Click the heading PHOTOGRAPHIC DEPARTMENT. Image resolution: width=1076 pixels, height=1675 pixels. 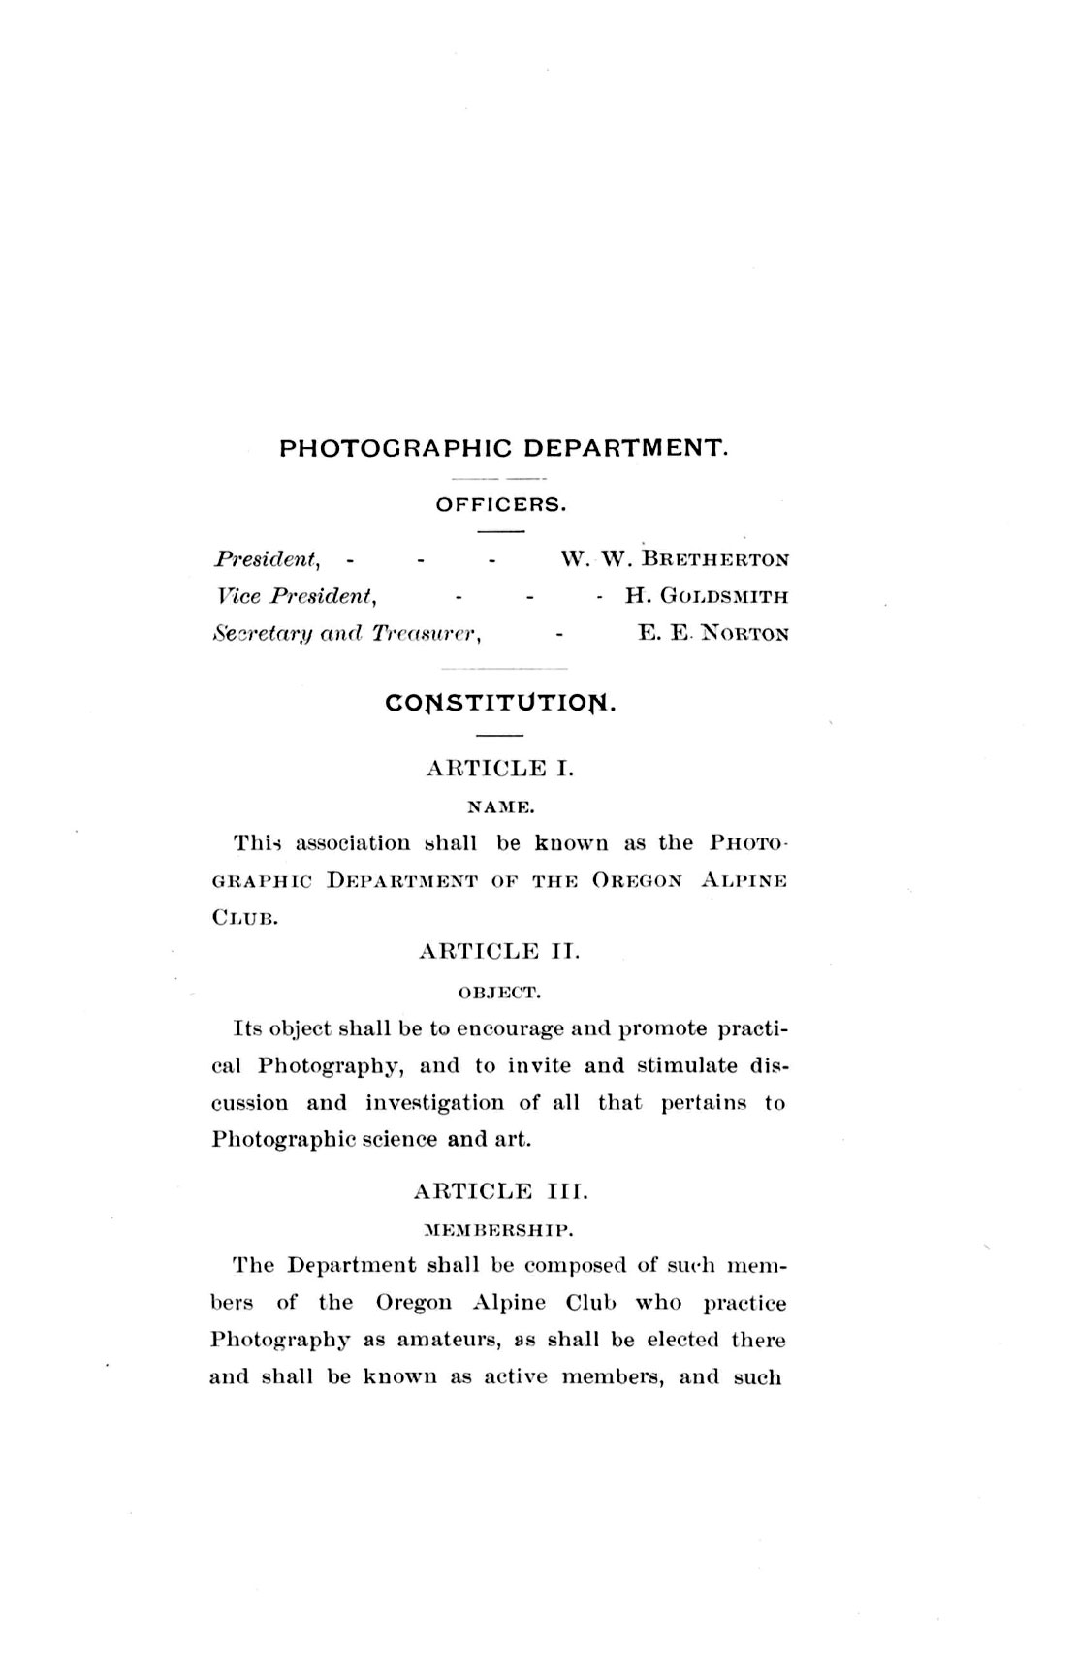click(x=503, y=448)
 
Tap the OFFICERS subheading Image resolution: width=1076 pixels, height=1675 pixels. click(x=500, y=504)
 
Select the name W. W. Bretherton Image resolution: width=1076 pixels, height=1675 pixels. click(x=675, y=559)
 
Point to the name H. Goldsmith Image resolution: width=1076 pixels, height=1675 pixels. click(x=706, y=596)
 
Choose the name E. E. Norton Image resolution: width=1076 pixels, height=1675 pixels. click(x=712, y=634)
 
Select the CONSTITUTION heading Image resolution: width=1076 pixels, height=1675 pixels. click(x=501, y=701)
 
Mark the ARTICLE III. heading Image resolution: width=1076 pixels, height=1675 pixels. click(x=500, y=1191)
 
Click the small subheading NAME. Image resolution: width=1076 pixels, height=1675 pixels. click(x=499, y=806)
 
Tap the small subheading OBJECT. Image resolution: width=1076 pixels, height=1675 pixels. click(x=499, y=992)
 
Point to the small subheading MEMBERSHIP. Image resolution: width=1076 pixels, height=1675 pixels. click(x=499, y=1231)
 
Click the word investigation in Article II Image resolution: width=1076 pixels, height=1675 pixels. click(x=435, y=1102)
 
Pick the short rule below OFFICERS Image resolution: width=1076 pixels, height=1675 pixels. click(x=500, y=531)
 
